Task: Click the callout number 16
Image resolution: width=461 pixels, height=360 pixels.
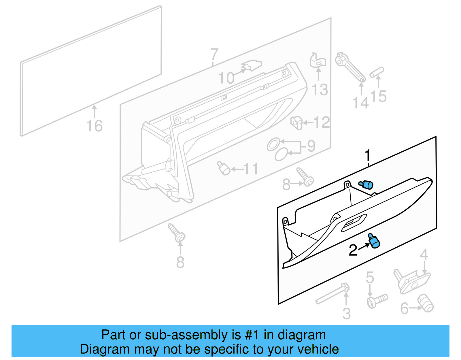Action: click(x=94, y=126)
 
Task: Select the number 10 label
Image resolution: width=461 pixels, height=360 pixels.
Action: click(x=226, y=78)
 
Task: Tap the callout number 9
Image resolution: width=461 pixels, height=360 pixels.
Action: click(x=311, y=146)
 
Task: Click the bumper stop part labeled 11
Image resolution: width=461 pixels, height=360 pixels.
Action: click(x=224, y=169)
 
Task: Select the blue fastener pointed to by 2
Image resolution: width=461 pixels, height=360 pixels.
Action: click(x=374, y=241)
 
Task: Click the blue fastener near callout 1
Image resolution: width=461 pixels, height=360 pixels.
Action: click(x=366, y=184)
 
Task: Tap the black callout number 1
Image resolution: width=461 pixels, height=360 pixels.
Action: click(x=367, y=156)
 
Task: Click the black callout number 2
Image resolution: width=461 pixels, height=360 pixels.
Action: click(x=353, y=250)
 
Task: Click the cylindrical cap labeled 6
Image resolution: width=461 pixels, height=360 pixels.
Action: click(x=426, y=303)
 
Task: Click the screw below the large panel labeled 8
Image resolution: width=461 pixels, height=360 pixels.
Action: click(x=177, y=233)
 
